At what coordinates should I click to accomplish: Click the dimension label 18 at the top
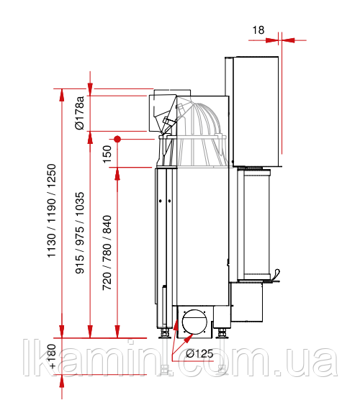(258, 30)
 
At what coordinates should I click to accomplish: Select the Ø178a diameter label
(80, 113)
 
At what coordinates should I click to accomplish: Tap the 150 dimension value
(107, 154)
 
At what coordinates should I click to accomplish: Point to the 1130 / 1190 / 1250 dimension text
(52, 210)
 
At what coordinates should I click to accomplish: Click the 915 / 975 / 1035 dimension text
(80, 233)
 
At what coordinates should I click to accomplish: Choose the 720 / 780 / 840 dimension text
(107, 253)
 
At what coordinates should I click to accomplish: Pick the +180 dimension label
(52, 356)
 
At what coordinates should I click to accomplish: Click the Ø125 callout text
(199, 353)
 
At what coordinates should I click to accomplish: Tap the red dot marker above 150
(117, 139)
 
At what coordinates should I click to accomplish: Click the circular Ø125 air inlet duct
(194, 322)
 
